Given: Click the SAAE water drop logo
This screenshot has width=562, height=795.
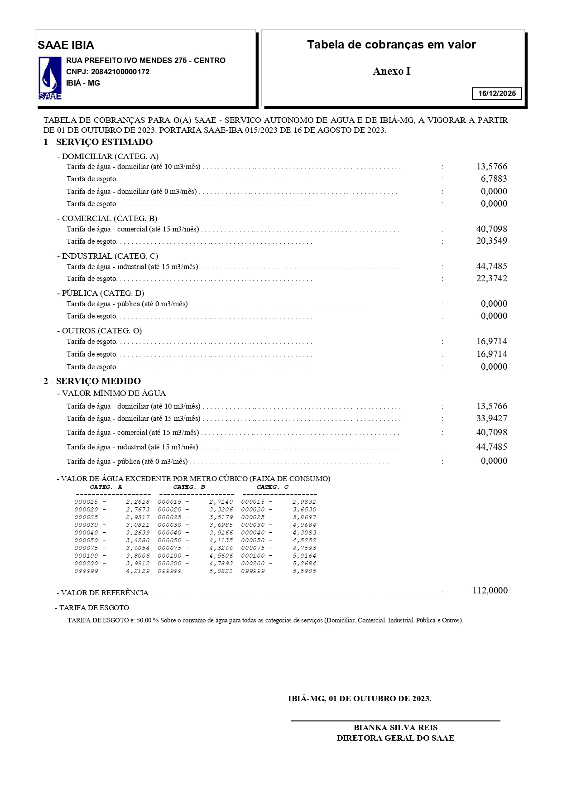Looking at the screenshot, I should coord(50,78).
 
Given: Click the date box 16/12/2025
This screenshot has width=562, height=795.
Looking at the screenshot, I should coord(497,93).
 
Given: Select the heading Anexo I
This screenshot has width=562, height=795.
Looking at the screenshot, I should coord(391,71).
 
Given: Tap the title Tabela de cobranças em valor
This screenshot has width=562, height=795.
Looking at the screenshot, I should coord(391,44).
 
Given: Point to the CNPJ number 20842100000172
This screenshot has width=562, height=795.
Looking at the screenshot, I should coord(120,72).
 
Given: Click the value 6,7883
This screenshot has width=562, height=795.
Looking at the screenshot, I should coord(494,179).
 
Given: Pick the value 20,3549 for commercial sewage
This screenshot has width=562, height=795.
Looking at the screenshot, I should coord(491,241).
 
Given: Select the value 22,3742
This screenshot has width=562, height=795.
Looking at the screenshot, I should coord(491,279).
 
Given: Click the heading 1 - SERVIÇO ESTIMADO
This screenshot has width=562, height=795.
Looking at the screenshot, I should coord(98,142).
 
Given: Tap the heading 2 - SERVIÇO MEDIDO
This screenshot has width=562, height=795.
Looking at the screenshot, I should coord(92,381).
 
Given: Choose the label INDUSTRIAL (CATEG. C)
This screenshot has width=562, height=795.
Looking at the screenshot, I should coord(110,256).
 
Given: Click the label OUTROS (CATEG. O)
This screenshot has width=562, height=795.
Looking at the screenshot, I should coord(101,331).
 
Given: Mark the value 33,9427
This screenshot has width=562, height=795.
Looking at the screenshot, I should coord(491,419).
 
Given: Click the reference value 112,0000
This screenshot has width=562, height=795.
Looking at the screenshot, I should coord(490,591).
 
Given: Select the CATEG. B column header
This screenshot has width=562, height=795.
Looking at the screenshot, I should coord(189,487).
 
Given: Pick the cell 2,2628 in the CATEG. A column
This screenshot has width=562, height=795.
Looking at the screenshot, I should coord(138,502).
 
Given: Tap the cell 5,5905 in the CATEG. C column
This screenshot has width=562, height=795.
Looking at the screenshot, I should coord(304,571).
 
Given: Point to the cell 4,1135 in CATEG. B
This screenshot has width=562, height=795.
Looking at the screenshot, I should coord(221,540).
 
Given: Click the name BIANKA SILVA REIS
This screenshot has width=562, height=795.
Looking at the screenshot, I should coord(395,728).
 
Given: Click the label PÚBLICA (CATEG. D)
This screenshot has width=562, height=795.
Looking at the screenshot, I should coord(103,293).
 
